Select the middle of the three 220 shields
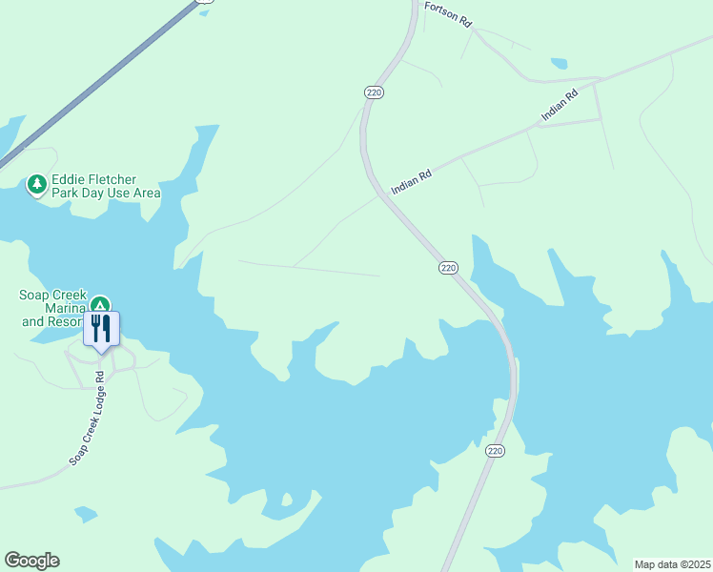point(448,268)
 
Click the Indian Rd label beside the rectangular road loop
point(560,105)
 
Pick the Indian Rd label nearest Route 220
point(412,182)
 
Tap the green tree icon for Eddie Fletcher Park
point(37,184)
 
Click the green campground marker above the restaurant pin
point(99,305)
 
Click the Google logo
point(31,561)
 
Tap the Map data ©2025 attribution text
point(672,564)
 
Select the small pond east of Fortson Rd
point(559,64)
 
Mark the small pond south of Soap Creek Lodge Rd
point(85,515)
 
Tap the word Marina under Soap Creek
point(61,308)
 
